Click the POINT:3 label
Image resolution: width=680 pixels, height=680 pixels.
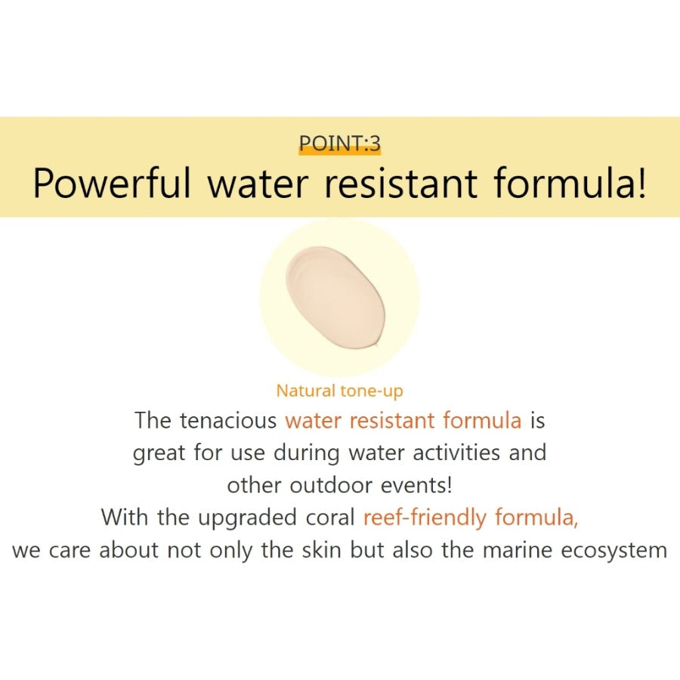pyautogui.click(x=339, y=143)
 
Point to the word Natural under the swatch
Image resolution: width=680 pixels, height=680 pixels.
pyautogui.click(x=306, y=391)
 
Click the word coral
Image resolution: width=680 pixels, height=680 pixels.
pyautogui.click(x=331, y=518)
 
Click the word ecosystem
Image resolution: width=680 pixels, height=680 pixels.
pyautogui.click(x=614, y=551)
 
